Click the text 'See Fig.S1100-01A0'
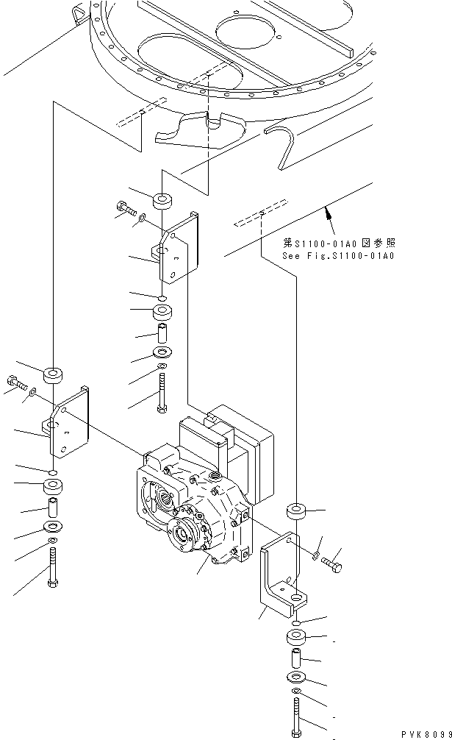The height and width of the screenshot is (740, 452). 339,256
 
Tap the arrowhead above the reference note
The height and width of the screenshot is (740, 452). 326,213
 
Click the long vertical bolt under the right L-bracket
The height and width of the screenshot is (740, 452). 295,717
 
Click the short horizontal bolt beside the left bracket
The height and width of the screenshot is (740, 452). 16,382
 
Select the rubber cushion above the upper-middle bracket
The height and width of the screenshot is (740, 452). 162,200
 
